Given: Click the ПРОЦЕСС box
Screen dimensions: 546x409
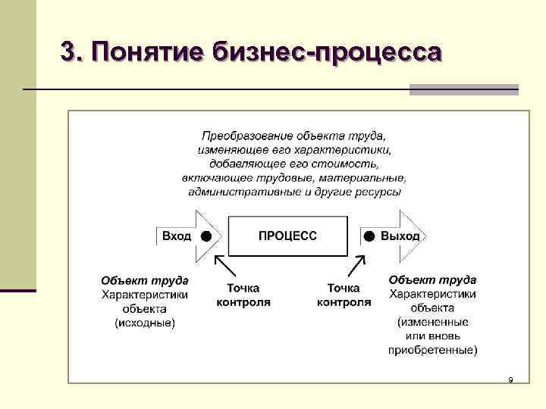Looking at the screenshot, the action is tap(288, 236).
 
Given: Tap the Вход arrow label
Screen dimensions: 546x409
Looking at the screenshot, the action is tap(177, 236).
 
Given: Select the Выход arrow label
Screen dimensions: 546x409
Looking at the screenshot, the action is tap(400, 236).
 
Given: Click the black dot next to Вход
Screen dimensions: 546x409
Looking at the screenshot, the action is tap(206, 236).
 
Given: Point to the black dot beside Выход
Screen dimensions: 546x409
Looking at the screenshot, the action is tap(369, 236).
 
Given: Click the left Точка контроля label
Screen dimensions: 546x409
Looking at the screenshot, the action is tap(243, 295).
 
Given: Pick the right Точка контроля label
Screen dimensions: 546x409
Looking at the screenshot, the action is tap(344, 295).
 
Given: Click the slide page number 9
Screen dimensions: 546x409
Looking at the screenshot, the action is tap(510, 379).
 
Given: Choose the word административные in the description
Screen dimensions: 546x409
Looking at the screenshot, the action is tap(241, 192).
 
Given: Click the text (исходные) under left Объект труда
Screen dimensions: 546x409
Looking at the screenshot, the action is tap(145, 323).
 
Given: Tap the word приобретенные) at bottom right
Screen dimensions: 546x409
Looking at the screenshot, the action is tap(433, 350).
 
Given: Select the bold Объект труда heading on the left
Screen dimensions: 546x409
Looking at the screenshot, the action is tap(145, 280).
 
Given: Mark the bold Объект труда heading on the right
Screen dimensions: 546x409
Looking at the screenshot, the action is tap(433, 280).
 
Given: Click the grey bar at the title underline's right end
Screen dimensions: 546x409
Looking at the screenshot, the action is tap(464, 89).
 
